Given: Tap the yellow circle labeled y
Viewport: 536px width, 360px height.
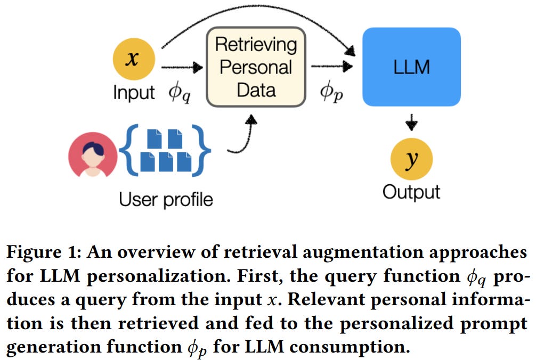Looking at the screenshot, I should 411,160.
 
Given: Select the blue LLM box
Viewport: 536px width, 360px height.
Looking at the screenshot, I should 411,67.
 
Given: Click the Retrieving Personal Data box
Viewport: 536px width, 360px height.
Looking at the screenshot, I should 256,67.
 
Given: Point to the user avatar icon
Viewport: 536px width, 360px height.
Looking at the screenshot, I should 93,155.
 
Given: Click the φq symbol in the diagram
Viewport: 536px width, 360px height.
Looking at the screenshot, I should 180,93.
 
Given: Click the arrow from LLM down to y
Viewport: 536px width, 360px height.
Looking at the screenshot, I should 411,122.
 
